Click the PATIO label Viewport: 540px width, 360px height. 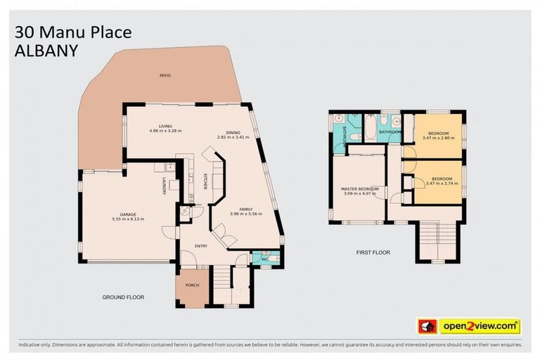coord(165,75)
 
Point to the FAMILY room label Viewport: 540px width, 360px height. coord(246,210)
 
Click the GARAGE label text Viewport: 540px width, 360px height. coord(127,214)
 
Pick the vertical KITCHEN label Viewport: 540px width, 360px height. coord(205,181)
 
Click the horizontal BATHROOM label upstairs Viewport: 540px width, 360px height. coord(390,131)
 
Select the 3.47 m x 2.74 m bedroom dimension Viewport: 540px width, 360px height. coord(441,184)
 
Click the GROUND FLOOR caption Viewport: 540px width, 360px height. coord(123,297)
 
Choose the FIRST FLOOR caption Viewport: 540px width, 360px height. coord(373,252)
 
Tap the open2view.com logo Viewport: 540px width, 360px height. coord(480,326)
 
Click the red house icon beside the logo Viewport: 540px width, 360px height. coord(426,326)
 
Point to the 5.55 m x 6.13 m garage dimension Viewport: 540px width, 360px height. coord(127,219)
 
